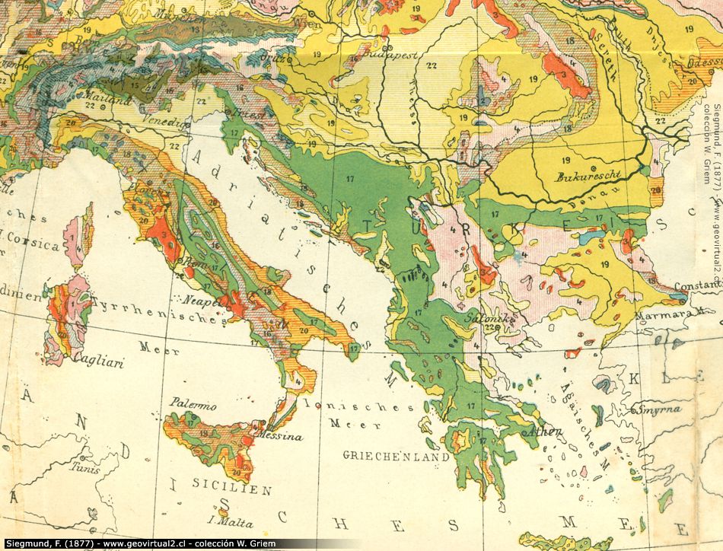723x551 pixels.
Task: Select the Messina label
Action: (x=281, y=437)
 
